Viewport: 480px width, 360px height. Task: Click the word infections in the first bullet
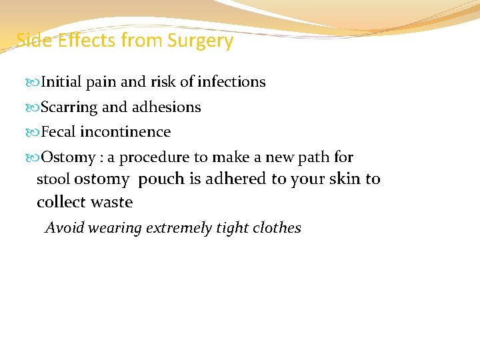pyautogui.click(x=232, y=82)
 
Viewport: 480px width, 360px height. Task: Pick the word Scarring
pyautogui.click(x=69, y=107)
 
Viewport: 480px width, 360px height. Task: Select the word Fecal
pyautogui.click(x=59, y=132)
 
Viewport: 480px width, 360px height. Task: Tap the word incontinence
pyautogui.click(x=125, y=132)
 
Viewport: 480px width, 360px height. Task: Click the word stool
pyautogui.click(x=53, y=179)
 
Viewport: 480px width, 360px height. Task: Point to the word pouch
pyautogui.click(x=162, y=179)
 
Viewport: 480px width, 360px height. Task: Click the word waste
pyautogui.click(x=111, y=202)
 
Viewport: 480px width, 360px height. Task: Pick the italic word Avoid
pyautogui.click(x=64, y=228)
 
